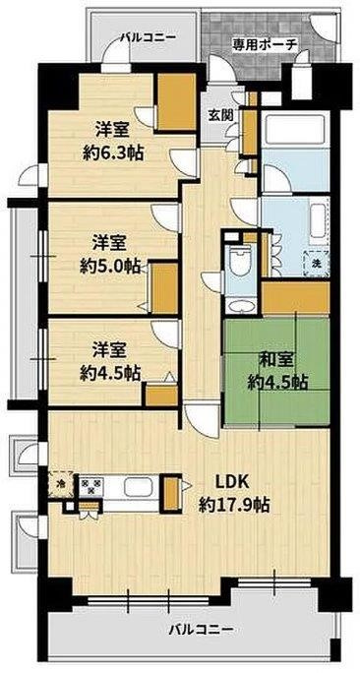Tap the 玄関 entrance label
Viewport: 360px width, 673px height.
pyautogui.click(x=220, y=114)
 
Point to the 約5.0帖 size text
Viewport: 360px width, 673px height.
pyautogui.click(x=109, y=265)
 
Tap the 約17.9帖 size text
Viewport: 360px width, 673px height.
pyautogui.click(x=234, y=506)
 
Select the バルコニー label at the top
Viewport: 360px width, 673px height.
pyautogui.click(x=148, y=37)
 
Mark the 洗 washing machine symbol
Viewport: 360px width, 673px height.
pyautogui.click(x=316, y=263)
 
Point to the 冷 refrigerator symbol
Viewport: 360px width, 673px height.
pyautogui.click(x=61, y=485)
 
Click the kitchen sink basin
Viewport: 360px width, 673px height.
pyautogui.click(x=137, y=488)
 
